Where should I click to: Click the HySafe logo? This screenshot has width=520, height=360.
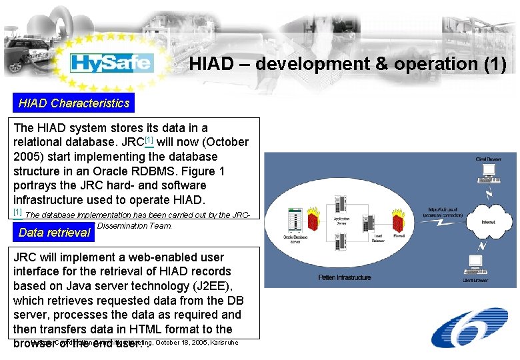point(112,63)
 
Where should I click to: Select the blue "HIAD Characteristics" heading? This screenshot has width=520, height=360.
point(73,103)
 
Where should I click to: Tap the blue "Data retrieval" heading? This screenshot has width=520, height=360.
point(55,232)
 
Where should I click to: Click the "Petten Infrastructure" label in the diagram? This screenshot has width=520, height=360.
point(345,277)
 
